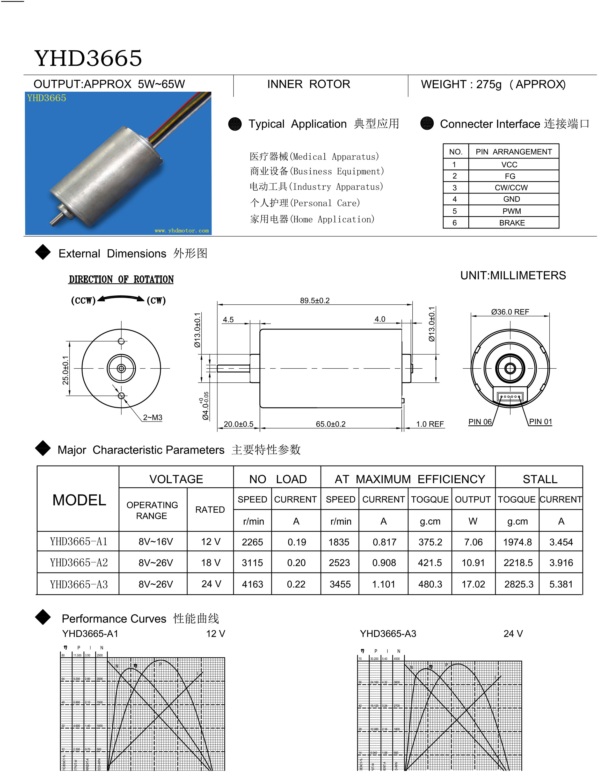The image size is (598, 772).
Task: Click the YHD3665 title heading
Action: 88,58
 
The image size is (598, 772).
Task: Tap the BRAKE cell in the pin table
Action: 512,223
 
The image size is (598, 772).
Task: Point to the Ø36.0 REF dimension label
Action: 510,312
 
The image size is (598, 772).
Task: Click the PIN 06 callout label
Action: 480,422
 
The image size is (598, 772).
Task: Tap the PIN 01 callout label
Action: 541,422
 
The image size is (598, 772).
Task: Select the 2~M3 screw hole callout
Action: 152,417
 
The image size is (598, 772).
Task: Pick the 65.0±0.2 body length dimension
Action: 331,424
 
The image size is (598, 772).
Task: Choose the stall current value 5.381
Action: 561,584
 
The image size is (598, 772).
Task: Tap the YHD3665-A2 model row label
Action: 78,562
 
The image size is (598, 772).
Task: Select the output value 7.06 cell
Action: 473,542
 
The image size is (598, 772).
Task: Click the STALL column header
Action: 540,479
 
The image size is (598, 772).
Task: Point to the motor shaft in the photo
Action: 56,217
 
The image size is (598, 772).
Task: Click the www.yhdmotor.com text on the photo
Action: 181,231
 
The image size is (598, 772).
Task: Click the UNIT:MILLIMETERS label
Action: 513,275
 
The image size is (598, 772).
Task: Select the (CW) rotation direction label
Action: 156,301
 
